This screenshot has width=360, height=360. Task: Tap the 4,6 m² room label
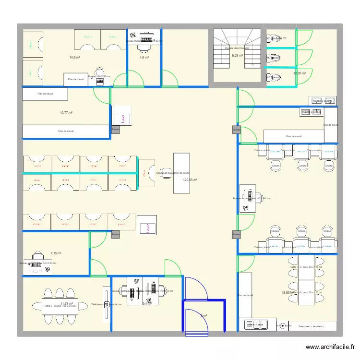[144, 57]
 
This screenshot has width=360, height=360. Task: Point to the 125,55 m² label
[190, 180]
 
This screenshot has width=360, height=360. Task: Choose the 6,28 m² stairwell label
[237, 55]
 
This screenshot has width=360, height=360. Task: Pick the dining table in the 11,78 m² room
[60, 306]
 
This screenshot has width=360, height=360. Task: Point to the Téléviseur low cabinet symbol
[107, 304]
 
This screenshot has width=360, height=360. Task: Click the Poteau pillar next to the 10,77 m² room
[115, 130]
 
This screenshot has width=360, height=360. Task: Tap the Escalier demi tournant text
[237, 48]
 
